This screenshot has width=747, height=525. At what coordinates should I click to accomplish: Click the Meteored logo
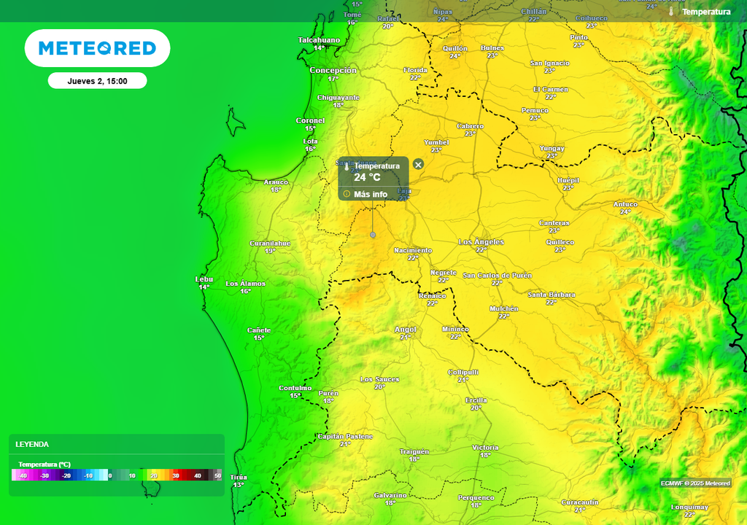click(97, 48)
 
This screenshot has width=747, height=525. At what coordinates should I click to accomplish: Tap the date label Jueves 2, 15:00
click(97, 81)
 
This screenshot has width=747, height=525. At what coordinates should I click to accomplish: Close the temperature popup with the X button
click(418, 165)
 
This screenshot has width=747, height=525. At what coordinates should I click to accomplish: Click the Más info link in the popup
click(370, 194)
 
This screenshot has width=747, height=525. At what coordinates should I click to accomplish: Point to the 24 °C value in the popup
click(367, 177)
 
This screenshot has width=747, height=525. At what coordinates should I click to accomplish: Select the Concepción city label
click(333, 70)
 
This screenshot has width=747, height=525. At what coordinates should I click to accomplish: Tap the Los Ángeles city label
click(481, 241)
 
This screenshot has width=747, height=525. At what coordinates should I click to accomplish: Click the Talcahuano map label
click(319, 40)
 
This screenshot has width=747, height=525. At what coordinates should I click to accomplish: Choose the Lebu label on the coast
click(204, 279)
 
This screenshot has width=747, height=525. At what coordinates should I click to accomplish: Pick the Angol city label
click(405, 330)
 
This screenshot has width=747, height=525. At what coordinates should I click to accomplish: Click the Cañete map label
click(258, 330)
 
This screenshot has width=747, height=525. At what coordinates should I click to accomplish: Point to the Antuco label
click(625, 204)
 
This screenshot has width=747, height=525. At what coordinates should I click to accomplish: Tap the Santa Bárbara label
click(551, 295)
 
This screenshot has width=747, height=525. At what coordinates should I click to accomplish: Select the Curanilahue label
click(270, 243)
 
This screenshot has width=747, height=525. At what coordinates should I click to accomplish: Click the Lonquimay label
click(689, 507)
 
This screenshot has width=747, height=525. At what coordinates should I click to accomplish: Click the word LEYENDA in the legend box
click(32, 444)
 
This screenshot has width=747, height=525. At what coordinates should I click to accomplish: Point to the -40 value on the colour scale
click(23, 475)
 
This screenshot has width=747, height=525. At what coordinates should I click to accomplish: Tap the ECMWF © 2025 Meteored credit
click(695, 483)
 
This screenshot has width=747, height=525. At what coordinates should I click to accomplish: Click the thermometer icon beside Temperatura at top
click(670, 12)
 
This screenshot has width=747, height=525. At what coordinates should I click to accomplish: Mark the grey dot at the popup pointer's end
click(373, 235)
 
